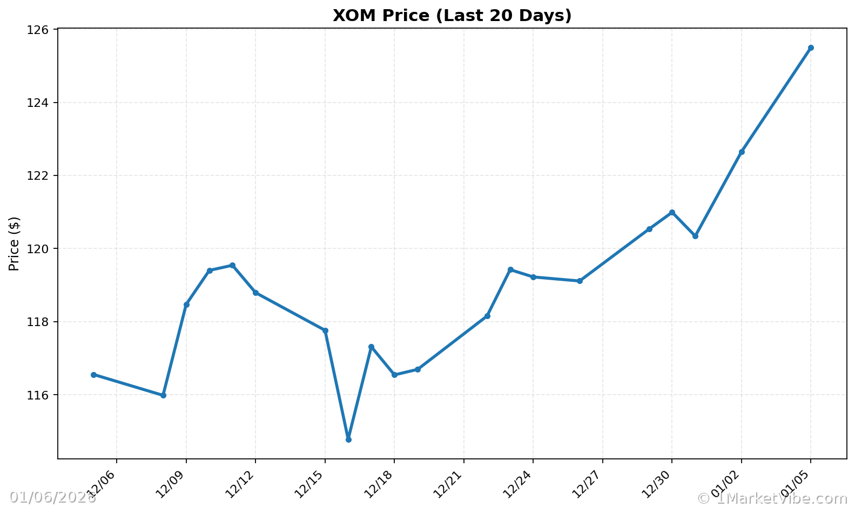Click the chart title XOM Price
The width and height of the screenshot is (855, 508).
[452, 16]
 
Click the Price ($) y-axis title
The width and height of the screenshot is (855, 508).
[15, 243]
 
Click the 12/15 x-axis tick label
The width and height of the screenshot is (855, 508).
[309, 483]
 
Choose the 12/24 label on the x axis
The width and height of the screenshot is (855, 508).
[518, 483]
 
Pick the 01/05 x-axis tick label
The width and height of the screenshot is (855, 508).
[796, 483]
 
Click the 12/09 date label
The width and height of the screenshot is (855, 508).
[171, 483]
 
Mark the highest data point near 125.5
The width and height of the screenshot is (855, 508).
[811, 48]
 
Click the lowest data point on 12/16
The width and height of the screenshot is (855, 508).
[348, 439]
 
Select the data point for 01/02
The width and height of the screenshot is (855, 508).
[742, 152]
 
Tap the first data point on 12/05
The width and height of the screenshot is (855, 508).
[93, 375]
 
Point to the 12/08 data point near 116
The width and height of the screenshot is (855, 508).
[163, 395]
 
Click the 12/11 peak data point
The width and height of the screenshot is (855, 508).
[232, 265]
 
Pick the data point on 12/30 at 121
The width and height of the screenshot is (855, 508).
[672, 212]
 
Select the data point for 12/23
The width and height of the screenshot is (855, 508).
[510, 269]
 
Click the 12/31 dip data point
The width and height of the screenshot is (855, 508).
[695, 236]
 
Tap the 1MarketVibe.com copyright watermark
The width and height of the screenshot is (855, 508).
[772, 498]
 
